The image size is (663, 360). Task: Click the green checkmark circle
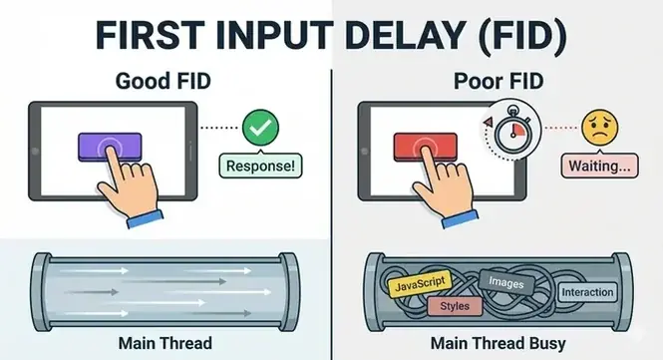262,127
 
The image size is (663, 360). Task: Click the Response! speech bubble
261,165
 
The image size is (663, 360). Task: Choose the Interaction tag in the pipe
587,292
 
